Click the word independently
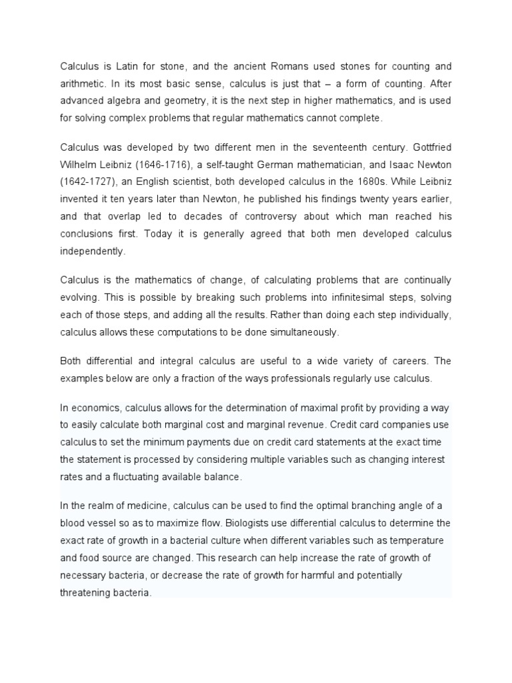(93, 251)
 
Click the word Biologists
(259, 523)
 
